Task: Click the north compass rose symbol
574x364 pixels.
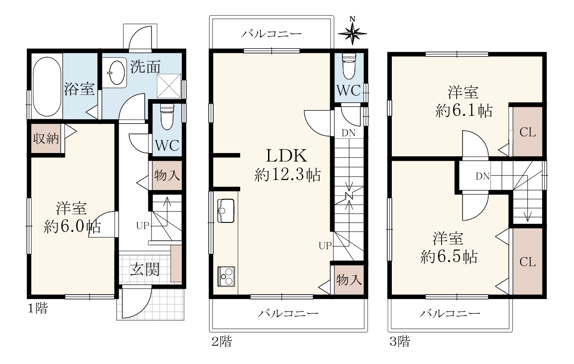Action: [353, 34]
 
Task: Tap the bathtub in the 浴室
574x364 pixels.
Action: [47, 86]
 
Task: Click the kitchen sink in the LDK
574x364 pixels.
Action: [226, 211]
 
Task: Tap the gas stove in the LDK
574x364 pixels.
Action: [226, 276]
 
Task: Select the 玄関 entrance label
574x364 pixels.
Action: [145, 269]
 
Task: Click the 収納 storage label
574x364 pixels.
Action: [46, 139]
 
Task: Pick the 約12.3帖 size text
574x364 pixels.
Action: [288, 175]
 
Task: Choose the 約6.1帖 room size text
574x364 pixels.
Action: [464, 111]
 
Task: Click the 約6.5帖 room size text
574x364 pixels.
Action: [449, 256]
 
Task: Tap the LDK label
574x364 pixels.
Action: [287, 156]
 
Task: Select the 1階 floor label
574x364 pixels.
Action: [37, 308]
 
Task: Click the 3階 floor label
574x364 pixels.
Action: [400, 341]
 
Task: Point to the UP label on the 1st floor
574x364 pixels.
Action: [143, 226]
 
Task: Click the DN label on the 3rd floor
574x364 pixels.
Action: [483, 176]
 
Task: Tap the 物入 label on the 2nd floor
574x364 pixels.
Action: [349, 280]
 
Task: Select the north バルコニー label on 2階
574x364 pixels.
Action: [272, 34]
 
